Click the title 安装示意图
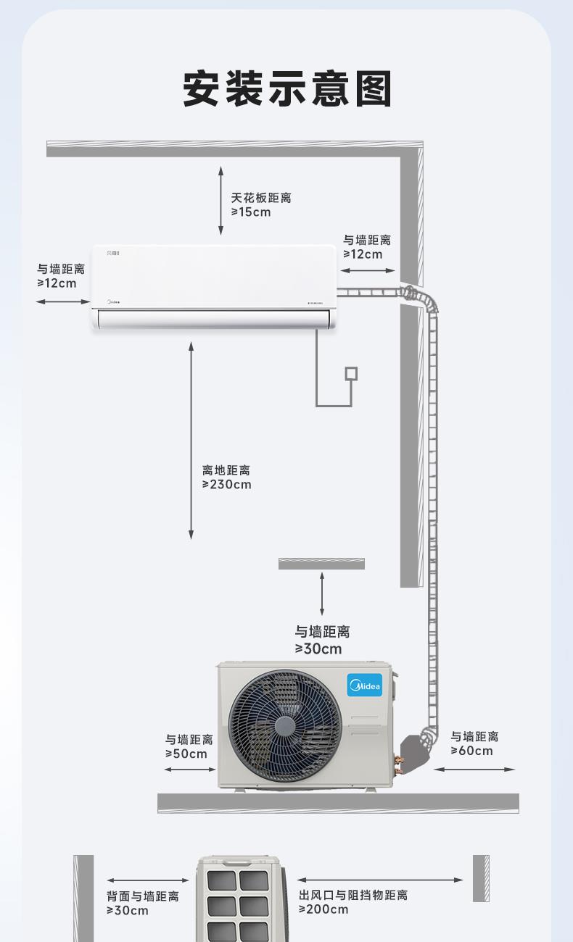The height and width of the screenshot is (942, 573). pyautogui.click(x=286, y=90)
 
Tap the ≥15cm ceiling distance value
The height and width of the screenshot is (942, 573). pyautogui.click(x=251, y=212)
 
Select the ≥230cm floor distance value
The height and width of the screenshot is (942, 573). pyautogui.click(x=227, y=485)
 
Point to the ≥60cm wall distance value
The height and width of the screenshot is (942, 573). pyautogui.click(x=472, y=751)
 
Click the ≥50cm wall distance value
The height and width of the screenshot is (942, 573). pyautogui.click(x=186, y=754)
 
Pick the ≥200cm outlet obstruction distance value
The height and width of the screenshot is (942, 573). pyautogui.click(x=323, y=909)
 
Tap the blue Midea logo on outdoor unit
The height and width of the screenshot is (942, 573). pyautogui.click(x=365, y=685)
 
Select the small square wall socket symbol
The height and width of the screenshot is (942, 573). pyautogui.click(x=351, y=373)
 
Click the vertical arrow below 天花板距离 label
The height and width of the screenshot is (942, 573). pyautogui.click(x=221, y=200)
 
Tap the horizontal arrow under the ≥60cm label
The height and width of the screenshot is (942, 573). pyautogui.click(x=474, y=770)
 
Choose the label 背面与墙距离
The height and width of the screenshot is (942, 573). pyautogui.click(x=143, y=896)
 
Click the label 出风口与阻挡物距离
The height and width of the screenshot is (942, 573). pyautogui.click(x=353, y=896)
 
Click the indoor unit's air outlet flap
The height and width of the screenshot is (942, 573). pyautogui.click(x=214, y=317)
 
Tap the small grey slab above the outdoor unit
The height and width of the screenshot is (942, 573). pyautogui.click(x=321, y=564)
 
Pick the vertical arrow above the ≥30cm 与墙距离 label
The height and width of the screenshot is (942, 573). pyautogui.click(x=322, y=593)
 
